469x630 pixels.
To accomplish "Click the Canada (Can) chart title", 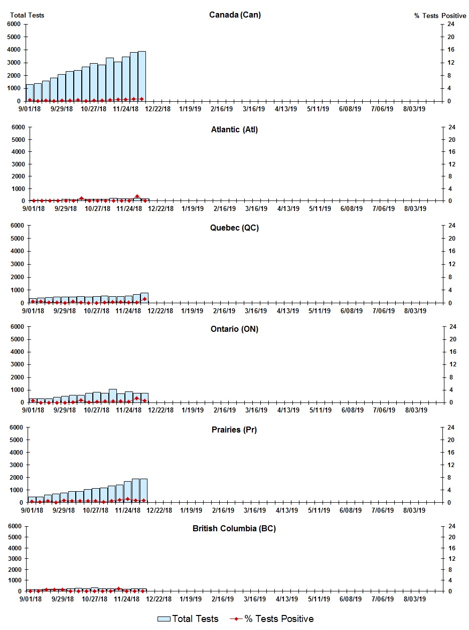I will point(235,15).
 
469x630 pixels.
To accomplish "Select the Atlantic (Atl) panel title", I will point(234,130).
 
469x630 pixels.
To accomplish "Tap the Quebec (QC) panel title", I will point(234,228).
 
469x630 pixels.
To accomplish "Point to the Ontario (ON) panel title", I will point(235,329).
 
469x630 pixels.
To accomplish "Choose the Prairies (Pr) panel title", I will point(234,430).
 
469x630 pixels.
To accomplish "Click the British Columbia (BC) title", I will point(234,529).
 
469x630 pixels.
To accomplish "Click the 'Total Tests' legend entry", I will point(188,619).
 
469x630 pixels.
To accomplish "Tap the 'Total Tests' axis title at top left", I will point(27,15).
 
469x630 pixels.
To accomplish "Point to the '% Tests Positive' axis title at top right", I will point(440,16).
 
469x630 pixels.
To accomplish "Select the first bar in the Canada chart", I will point(30,93).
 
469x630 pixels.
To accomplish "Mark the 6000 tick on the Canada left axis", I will point(14,24).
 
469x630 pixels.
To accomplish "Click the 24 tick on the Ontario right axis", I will point(451,327).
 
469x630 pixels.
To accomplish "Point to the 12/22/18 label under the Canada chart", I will point(159,109).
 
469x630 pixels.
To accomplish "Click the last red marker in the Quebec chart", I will point(144,299).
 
